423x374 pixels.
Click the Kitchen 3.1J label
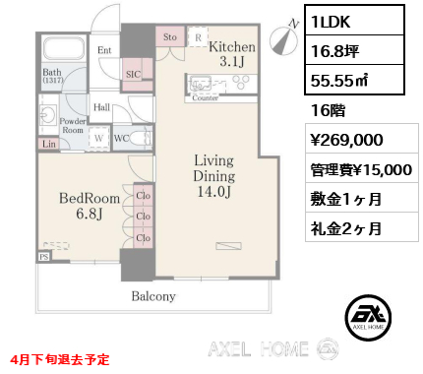click(232, 54)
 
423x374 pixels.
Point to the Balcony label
click(153, 295)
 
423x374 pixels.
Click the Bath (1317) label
click(52, 78)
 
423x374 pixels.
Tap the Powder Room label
click(73, 124)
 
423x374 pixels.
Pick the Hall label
click(101, 107)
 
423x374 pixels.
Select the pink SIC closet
click(133, 72)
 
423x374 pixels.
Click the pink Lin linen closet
click(49, 144)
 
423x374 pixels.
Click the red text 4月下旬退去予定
click(62, 360)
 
